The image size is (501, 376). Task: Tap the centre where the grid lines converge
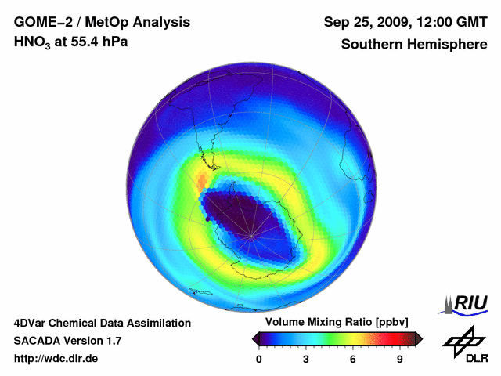point(250,235)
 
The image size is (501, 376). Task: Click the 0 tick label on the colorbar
point(259,360)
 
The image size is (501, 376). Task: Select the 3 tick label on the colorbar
point(306,360)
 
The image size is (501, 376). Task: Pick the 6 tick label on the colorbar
point(353,360)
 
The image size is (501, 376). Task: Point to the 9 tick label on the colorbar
point(399,360)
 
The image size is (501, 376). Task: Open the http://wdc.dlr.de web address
point(56,359)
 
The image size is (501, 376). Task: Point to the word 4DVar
point(32,323)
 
